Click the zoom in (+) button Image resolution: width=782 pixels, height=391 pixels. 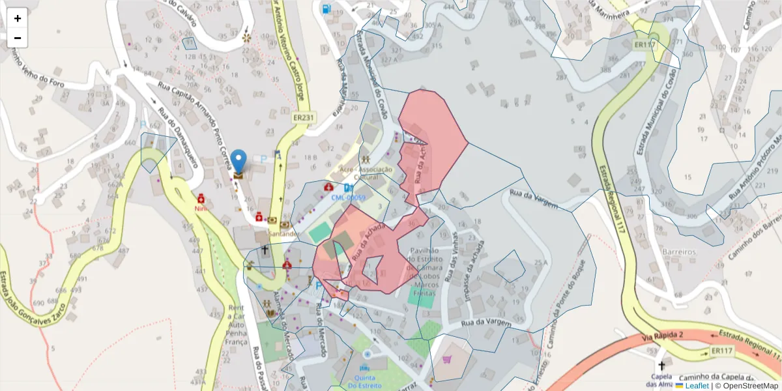(x=18, y=18)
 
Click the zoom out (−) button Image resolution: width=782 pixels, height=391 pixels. (x=18, y=38)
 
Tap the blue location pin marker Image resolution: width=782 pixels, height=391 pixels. (x=239, y=161)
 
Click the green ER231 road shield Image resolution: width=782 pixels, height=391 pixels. (x=304, y=117)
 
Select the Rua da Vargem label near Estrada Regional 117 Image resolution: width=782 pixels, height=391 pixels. (x=534, y=199)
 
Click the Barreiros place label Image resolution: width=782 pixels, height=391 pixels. (x=678, y=252)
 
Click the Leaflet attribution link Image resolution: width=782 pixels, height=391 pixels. (x=697, y=386)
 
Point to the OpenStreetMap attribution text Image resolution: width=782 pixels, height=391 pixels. (x=746, y=386)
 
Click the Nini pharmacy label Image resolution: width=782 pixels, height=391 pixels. (x=201, y=208)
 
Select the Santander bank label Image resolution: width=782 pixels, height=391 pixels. (x=283, y=233)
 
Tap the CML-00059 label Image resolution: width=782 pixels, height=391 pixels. (x=348, y=197)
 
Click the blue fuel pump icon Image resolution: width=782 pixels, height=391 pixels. (x=325, y=9)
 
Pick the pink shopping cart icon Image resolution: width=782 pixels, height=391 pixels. (x=447, y=359)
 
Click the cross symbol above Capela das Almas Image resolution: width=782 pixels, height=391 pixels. (x=663, y=366)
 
